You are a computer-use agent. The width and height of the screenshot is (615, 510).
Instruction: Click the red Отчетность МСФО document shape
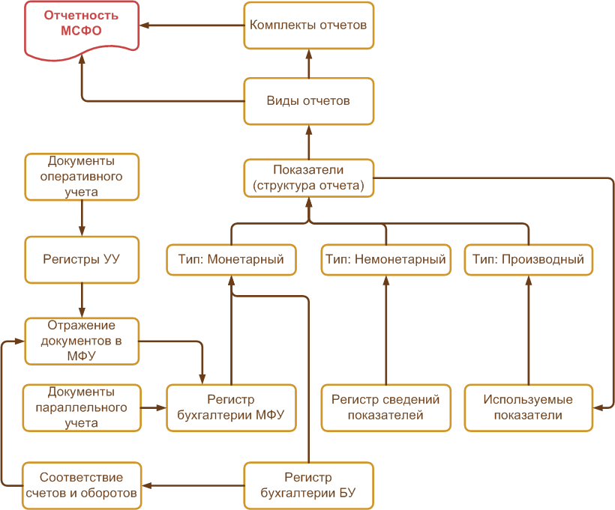tap(82, 28)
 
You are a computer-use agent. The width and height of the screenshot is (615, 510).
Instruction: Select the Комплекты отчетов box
tap(308, 25)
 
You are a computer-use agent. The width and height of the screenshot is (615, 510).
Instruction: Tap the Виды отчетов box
tap(308, 101)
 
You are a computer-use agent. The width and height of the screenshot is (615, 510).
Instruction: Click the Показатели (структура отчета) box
tap(308, 177)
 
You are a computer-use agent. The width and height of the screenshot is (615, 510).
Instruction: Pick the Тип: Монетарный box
tap(231, 260)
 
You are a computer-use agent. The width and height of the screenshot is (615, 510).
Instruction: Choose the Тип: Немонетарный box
tap(386, 260)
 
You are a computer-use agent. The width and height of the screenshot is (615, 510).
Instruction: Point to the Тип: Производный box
tap(529, 260)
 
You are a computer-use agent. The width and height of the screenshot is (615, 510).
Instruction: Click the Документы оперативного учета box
tap(82, 177)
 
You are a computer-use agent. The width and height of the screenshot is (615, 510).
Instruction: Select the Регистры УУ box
tap(82, 260)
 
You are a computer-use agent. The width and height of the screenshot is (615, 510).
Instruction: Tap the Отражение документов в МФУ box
tap(82, 341)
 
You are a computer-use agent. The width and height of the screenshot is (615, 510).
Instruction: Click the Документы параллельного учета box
tap(82, 407)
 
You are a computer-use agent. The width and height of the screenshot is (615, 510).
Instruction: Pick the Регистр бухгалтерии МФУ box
tap(231, 407)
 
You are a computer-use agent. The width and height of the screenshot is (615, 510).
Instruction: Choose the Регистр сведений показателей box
tap(386, 407)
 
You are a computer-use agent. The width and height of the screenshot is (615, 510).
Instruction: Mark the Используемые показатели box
tap(529, 407)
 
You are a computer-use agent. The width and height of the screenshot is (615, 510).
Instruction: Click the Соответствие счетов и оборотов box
tap(82, 485)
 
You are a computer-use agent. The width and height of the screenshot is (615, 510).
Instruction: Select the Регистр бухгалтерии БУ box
tap(308, 485)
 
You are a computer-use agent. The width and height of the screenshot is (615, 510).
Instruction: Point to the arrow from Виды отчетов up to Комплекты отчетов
tap(308, 64)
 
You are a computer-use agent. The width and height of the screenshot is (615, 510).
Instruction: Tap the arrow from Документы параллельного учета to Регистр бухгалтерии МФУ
tap(153, 407)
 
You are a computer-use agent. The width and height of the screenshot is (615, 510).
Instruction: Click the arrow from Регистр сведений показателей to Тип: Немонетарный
tap(386, 330)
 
